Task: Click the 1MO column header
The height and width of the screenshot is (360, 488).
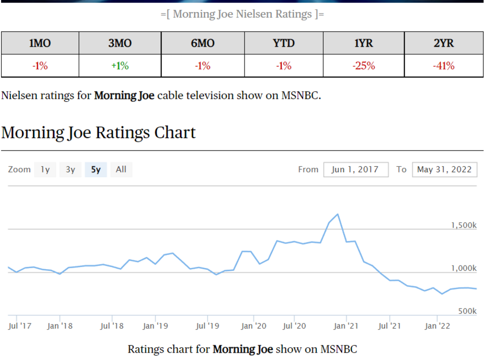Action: [x=40, y=43]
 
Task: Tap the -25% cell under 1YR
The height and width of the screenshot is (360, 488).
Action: [x=363, y=66]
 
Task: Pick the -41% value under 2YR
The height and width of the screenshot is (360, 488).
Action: [x=444, y=66]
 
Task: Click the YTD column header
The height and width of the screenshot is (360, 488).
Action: [x=284, y=43]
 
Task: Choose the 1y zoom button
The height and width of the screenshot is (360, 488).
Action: [x=45, y=170]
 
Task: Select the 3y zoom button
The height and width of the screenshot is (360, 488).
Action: [x=70, y=170]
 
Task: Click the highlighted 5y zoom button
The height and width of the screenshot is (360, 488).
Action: [x=96, y=170]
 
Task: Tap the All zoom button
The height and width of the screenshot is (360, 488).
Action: [x=121, y=170]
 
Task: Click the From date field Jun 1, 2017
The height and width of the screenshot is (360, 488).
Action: [x=356, y=170]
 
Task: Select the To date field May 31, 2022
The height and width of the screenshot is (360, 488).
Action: [x=444, y=170]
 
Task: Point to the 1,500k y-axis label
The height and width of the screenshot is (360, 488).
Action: [x=463, y=225]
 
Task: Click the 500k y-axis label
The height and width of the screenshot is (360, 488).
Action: [x=467, y=311]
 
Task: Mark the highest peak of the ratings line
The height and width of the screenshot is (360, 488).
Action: [x=337, y=214]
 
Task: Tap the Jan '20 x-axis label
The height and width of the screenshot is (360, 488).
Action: [x=253, y=326]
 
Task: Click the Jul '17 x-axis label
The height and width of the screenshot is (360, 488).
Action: [x=20, y=326]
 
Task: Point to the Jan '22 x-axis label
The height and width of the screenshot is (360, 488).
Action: [x=437, y=326]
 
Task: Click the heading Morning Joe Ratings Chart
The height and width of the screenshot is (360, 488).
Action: [x=98, y=132]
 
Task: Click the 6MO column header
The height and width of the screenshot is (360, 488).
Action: [x=203, y=43]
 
